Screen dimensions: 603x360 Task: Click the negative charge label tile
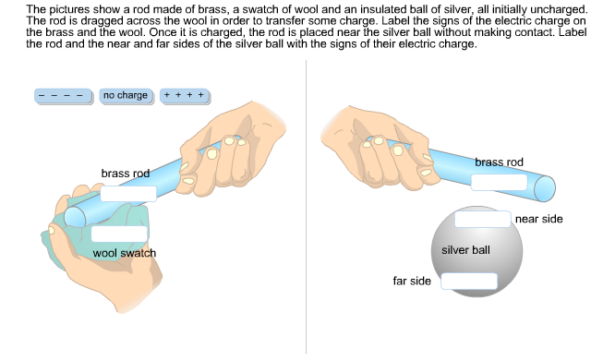coord(64,96)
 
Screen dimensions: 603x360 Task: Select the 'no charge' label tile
coord(127,96)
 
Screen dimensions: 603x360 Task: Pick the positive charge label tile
coord(185,96)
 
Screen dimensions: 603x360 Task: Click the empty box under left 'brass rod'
coord(128,194)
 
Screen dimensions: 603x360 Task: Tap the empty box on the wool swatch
coord(119,234)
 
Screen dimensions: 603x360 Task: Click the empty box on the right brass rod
coord(500,183)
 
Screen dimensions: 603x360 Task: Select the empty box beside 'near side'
coord(483,220)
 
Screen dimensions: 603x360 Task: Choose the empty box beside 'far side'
coord(469,282)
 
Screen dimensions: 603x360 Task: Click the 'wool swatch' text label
coord(125,253)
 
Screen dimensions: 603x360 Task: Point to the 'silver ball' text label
coord(465,250)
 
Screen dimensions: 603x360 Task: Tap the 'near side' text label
coord(539,219)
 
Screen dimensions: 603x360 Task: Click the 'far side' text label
coord(412,282)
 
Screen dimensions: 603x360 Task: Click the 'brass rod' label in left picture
coord(126,174)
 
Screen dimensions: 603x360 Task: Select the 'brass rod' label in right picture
coord(500,162)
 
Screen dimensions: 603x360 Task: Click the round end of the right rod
coord(545,188)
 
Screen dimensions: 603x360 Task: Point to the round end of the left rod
coord(75,218)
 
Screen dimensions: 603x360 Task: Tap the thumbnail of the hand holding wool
coord(52,230)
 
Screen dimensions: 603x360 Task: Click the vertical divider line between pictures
coord(306,207)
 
